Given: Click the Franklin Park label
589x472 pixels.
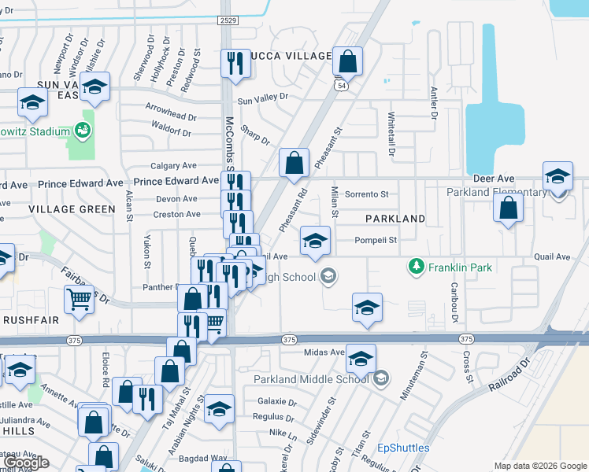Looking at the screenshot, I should pyautogui.click(x=460, y=267).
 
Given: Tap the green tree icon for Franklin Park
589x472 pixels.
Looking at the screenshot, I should pyautogui.click(x=417, y=267).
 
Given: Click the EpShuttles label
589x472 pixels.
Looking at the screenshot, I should pyautogui.click(x=403, y=448).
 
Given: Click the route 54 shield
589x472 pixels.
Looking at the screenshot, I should pyautogui.click(x=341, y=86).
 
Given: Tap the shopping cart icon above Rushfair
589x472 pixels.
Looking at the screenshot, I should pyautogui.click(x=79, y=299).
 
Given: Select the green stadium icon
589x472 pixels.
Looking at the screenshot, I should pyautogui.click(x=81, y=127).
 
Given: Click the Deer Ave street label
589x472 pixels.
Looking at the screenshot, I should pyautogui.click(x=493, y=179).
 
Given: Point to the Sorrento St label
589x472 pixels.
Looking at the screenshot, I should pyautogui.click(x=367, y=194).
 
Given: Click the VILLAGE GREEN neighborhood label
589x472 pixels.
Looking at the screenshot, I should pyautogui.click(x=72, y=209).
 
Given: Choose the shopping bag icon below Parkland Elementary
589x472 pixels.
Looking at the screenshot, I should pyautogui.click(x=509, y=208).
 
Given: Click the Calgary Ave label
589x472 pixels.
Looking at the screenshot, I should pyautogui.click(x=174, y=166).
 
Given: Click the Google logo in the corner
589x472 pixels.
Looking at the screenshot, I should pyautogui.click(x=28, y=463).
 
